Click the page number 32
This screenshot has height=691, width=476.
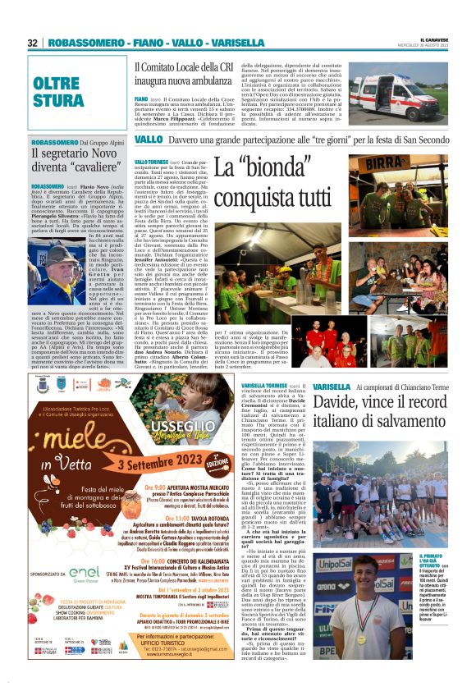pyautogui.click(x=33, y=43)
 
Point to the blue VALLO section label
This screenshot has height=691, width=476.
pyautogui.click(x=148, y=140)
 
